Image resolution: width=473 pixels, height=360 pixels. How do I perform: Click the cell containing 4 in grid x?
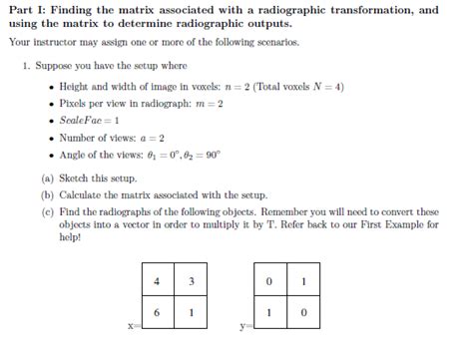(x=158, y=281)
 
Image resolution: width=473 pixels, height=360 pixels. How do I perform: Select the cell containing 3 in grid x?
(x=191, y=281)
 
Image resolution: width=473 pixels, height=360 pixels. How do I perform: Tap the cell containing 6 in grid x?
(x=158, y=312)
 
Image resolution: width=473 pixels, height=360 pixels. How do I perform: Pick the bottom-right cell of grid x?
(x=191, y=312)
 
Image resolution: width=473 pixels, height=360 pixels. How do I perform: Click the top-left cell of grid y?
(x=270, y=281)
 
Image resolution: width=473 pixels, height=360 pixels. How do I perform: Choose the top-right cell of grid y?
(x=303, y=281)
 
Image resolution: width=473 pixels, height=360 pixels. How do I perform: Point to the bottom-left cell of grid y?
(x=270, y=312)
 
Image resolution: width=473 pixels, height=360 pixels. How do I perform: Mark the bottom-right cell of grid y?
(x=303, y=312)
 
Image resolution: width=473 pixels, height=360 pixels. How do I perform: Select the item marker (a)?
(x=48, y=179)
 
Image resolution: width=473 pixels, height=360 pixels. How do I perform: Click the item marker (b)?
(x=48, y=195)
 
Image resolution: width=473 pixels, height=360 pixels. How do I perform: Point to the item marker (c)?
(x=48, y=212)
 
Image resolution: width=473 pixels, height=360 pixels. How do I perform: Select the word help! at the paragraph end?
(x=73, y=238)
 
